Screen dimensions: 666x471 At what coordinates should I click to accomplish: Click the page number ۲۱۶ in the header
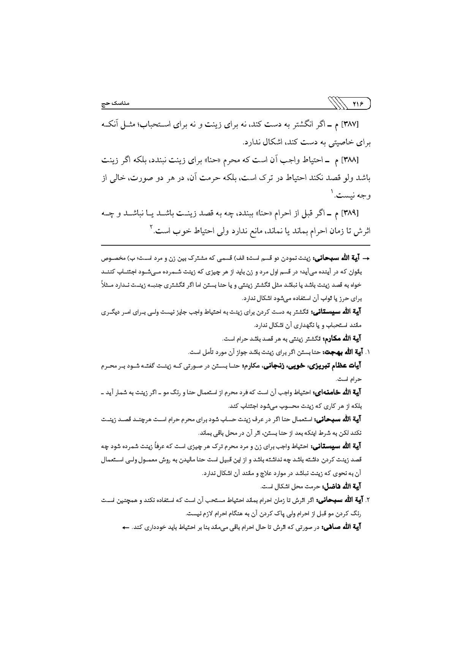coord(358,103)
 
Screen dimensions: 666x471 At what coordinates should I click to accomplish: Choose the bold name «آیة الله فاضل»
coord(342,486)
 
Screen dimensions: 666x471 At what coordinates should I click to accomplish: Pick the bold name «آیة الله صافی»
coord(342,527)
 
